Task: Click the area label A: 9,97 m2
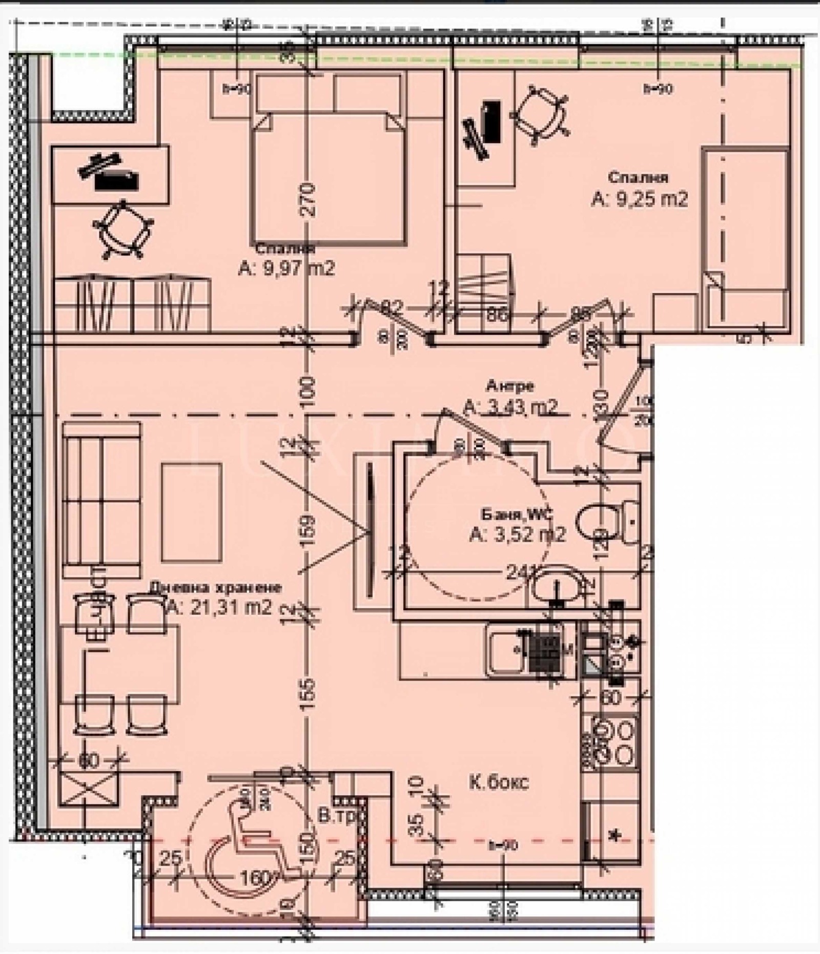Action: point(286,268)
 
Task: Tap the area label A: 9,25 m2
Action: point(639,198)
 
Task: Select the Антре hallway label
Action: point(510,385)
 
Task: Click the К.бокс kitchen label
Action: point(499,783)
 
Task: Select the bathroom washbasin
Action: point(558,585)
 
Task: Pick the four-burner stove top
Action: point(612,741)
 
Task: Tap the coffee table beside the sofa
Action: point(192,512)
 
